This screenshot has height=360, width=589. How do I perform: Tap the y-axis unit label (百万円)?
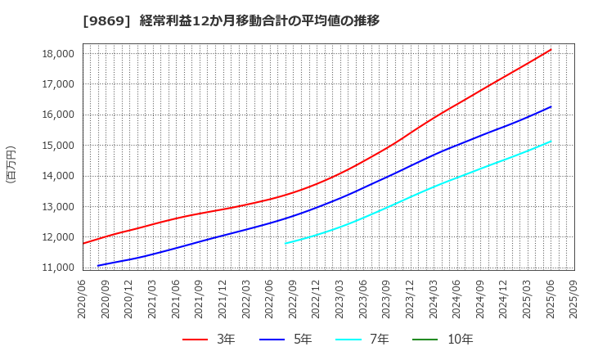coord(11,164)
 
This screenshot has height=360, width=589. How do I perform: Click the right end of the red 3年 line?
coord(551,49)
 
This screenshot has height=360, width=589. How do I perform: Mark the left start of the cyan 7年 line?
coord(286,243)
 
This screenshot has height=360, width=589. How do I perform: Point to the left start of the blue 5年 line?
coord(98,265)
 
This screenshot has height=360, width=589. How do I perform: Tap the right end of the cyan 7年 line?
coord(551,141)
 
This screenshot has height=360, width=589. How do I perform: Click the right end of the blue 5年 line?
coord(551,106)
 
